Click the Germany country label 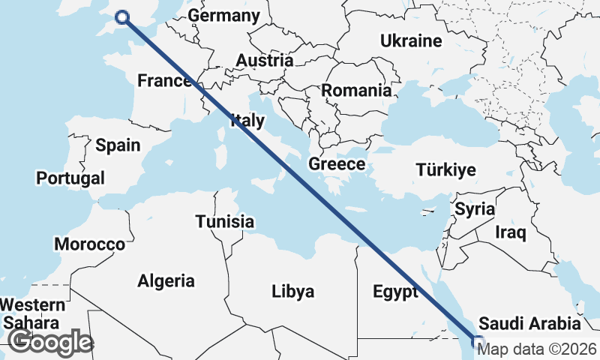(x=223, y=16)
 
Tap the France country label (x=163, y=81)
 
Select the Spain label (x=118, y=145)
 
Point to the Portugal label (x=70, y=178)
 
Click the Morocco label (x=89, y=244)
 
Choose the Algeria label (x=166, y=281)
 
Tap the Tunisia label (x=224, y=222)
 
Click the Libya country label (x=292, y=291)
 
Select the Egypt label (x=394, y=292)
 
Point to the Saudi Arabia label (x=529, y=324)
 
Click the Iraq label (x=510, y=232)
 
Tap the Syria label (x=475, y=208)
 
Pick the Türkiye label (x=445, y=170)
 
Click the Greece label (x=337, y=164)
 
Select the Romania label (x=356, y=91)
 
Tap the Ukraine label (x=411, y=40)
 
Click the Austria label (x=264, y=61)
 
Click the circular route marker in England (x=122, y=17)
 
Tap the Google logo (x=50, y=342)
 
